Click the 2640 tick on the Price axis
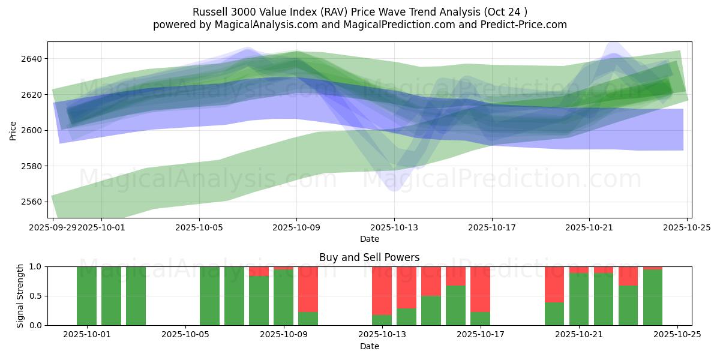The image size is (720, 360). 34,59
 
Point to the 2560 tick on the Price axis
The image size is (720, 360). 34,202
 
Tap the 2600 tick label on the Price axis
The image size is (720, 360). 34,130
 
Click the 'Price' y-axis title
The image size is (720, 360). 13,130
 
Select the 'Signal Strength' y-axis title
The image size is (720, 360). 20,296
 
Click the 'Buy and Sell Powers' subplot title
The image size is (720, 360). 369,257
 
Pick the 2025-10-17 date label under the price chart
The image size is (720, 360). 491,228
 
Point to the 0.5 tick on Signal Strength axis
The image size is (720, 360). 35,296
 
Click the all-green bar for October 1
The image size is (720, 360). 87,296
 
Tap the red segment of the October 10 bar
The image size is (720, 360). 308,289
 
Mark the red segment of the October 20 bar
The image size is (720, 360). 554,284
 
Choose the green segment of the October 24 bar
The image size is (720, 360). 652,298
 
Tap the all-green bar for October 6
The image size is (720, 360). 209,296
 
